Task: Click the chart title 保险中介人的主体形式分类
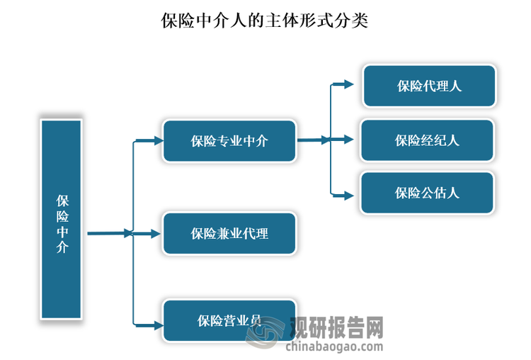point(265,20)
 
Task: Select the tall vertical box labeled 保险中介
point(62,218)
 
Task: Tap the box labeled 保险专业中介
point(229,141)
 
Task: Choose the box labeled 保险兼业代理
point(229,233)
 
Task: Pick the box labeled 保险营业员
point(229,321)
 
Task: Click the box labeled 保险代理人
point(429,86)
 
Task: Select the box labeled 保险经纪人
point(427,140)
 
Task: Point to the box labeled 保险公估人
point(427,193)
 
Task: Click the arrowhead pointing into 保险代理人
point(347,84)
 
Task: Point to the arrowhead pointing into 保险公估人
point(347,193)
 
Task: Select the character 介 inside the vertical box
point(62,247)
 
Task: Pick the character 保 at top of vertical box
point(62,201)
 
